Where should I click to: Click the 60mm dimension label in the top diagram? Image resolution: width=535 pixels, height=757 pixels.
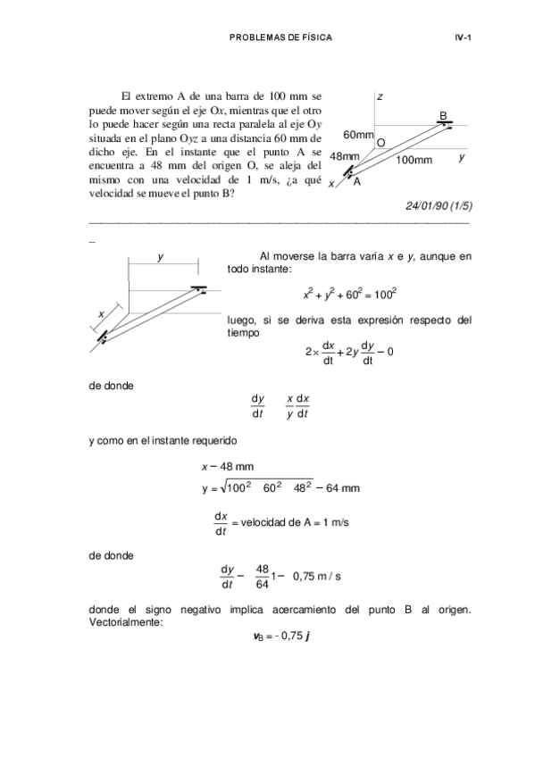(357, 135)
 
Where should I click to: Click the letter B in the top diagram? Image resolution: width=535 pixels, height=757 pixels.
(443, 114)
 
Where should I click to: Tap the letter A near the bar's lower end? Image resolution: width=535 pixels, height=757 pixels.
(355, 182)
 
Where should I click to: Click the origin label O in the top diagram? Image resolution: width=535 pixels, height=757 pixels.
(380, 143)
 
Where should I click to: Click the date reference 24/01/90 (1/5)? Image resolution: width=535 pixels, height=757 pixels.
(439, 204)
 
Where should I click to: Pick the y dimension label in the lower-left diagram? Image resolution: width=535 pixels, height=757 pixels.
(160, 256)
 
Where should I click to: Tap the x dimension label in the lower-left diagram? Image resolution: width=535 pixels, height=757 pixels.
(101, 314)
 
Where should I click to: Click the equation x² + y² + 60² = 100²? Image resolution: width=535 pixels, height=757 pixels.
(349, 294)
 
